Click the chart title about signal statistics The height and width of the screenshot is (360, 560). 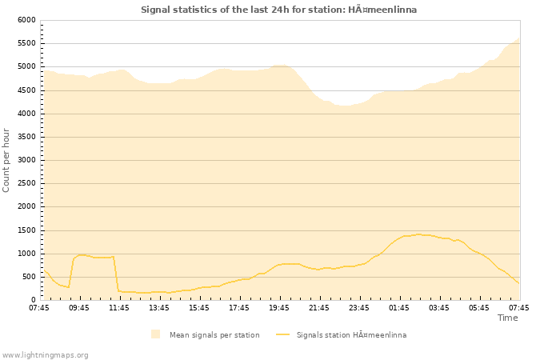[278, 10]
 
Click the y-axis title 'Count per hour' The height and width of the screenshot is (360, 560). [7, 160]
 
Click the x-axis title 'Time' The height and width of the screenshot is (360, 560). [507, 318]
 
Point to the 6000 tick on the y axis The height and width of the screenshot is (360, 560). [26, 20]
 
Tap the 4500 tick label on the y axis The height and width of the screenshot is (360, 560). [26, 90]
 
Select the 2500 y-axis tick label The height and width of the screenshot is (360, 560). [26, 183]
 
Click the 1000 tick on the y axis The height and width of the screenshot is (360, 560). [26, 254]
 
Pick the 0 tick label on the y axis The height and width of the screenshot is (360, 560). [33, 300]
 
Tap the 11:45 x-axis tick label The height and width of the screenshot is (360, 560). [119, 307]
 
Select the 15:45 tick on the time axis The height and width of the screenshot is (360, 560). [199, 307]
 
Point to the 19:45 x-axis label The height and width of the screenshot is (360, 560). [279, 307]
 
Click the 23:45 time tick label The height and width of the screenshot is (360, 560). [359, 307]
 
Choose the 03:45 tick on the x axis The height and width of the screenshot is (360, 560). [439, 307]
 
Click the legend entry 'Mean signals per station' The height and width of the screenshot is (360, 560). [214, 334]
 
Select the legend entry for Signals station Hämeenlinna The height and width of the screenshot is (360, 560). [350, 334]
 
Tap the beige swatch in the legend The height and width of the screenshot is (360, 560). [155, 334]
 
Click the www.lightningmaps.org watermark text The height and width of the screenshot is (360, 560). [46, 354]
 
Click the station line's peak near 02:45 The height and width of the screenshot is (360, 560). [418, 234]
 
